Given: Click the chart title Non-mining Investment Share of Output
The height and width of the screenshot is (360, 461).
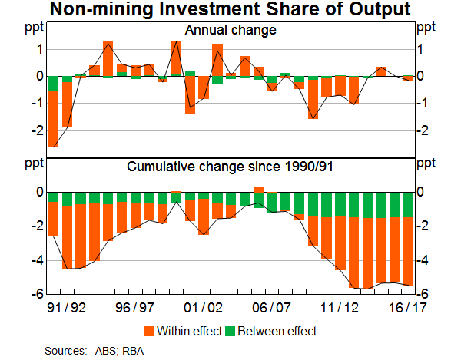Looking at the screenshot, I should [x=230, y=10].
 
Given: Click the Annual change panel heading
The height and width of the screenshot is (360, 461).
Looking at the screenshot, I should [x=230, y=31].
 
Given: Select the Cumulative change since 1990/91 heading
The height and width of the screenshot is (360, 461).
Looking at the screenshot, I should [x=230, y=166].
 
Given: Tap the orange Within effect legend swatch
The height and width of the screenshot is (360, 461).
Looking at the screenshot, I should [x=148, y=331].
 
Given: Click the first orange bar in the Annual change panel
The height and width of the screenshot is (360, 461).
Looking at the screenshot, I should [x=53, y=119].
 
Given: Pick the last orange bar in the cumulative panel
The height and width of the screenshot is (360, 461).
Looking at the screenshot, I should [x=408, y=251].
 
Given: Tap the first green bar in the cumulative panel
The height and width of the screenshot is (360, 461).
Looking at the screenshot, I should [x=53, y=197].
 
